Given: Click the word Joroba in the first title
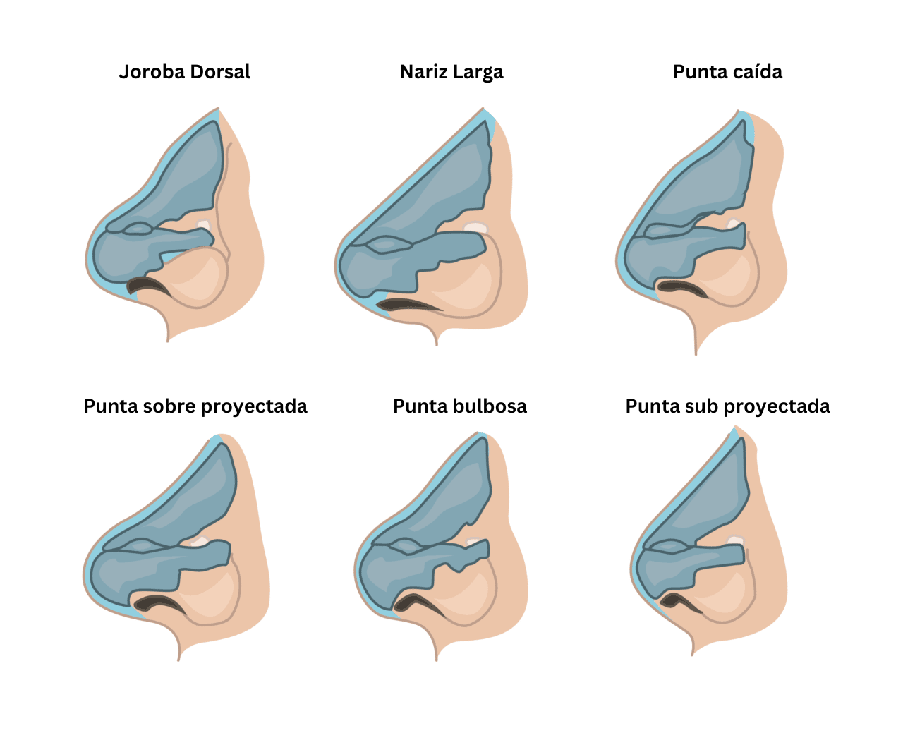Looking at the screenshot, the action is click(152, 72).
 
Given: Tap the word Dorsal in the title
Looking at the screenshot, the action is click(220, 71).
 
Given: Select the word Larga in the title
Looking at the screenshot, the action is click(478, 73).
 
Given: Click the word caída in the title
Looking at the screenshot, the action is click(757, 71).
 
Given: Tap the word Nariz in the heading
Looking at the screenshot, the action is click(424, 71).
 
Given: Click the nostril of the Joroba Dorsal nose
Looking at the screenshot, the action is click(148, 286).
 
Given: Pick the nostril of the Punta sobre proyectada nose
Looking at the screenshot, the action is click(159, 603).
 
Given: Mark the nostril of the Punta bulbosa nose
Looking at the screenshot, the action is click(418, 604).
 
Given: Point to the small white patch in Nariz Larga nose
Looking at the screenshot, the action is click(475, 228).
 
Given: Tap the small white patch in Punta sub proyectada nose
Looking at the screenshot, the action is click(736, 540).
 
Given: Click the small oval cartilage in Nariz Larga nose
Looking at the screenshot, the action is click(384, 245).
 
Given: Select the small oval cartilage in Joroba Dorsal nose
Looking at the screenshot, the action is click(137, 229).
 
